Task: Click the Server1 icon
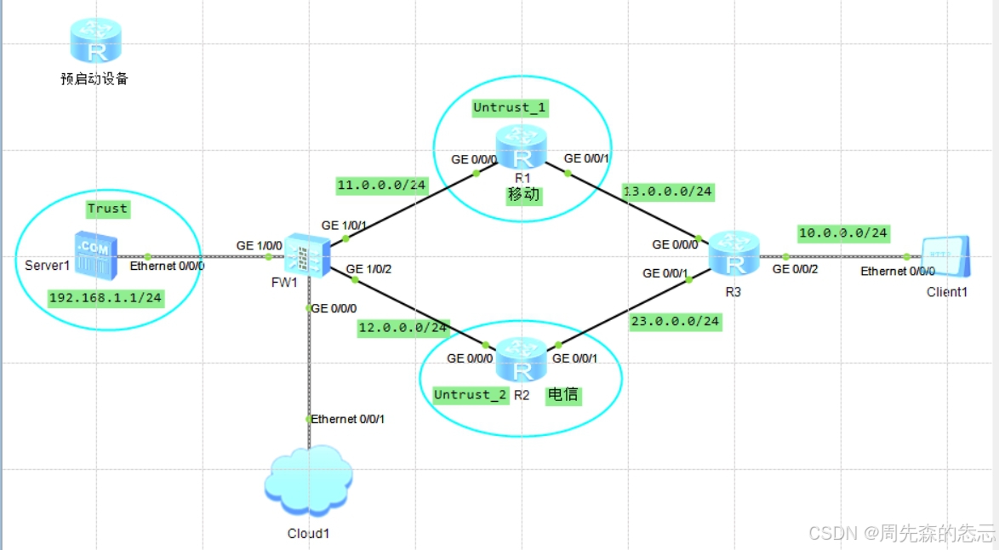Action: [x=93, y=255]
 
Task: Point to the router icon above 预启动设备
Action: [x=94, y=41]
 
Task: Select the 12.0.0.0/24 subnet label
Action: [x=402, y=327]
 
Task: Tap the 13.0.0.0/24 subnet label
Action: [x=667, y=191]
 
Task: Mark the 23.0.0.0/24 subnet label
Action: [x=675, y=321]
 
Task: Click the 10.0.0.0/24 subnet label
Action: [x=842, y=232]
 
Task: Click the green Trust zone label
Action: [x=107, y=208]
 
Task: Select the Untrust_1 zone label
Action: [x=510, y=107]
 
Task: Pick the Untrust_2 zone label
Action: [x=470, y=394]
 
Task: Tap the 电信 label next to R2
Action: [x=562, y=394]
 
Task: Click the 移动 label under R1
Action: [x=523, y=194]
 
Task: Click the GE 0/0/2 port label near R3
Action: [x=796, y=269]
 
